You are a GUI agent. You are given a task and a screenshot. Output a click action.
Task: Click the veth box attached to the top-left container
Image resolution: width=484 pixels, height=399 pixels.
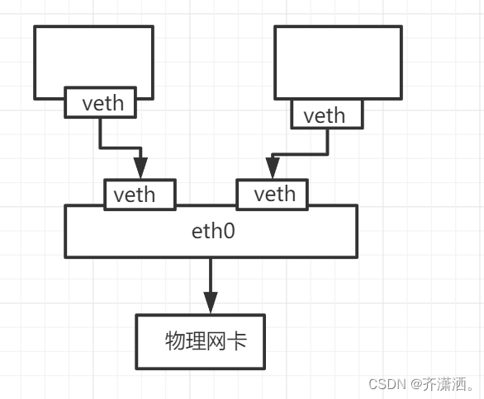pyautogui.click(x=100, y=102)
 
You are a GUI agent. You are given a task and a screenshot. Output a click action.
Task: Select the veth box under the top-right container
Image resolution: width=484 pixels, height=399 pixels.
pyautogui.click(x=327, y=115)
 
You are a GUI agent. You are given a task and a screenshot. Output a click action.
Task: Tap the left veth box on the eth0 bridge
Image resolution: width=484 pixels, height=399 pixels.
pyautogui.click(x=140, y=195)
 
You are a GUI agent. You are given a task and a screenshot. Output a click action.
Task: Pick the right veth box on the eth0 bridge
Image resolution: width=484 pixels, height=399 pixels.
pyautogui.click(x=273, y=195)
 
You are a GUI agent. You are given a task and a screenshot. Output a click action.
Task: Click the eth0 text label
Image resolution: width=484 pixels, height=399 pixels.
pyautogui.click(x=213, y=231)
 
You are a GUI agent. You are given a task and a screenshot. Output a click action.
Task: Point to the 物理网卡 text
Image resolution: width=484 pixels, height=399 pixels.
pyautogui.click(x=206, y=340)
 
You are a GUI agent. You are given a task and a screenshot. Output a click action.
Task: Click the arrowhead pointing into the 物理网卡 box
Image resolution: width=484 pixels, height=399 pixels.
pyautogui.click(x=211, y=303)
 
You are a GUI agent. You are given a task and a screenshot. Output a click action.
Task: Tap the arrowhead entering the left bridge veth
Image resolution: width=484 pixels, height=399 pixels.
pyautogui.click(x=140, y=168)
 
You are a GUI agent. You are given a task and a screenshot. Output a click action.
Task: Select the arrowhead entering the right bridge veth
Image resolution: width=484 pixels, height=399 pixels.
pyautogui.click(x=273, y=168)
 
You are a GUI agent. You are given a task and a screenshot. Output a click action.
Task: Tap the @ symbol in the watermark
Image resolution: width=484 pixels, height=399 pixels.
pyautogui.click(x=416, y=384)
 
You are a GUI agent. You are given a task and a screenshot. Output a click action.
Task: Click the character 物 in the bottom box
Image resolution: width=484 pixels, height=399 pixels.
pyautogui.click(x=175, y=340)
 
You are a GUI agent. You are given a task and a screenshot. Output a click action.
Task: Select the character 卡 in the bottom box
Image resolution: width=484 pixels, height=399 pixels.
pyautogui.click(x=237, y=340)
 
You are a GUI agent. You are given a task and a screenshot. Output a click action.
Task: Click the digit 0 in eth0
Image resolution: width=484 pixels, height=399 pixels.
pyautogui.click(x=229, y=231)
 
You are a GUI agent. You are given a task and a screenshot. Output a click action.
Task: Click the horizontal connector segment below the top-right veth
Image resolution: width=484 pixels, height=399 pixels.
pyautogui.click(x=300, y=153)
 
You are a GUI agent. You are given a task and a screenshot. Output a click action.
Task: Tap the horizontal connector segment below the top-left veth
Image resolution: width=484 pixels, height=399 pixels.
pyautogui.click(x=121, y=148)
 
